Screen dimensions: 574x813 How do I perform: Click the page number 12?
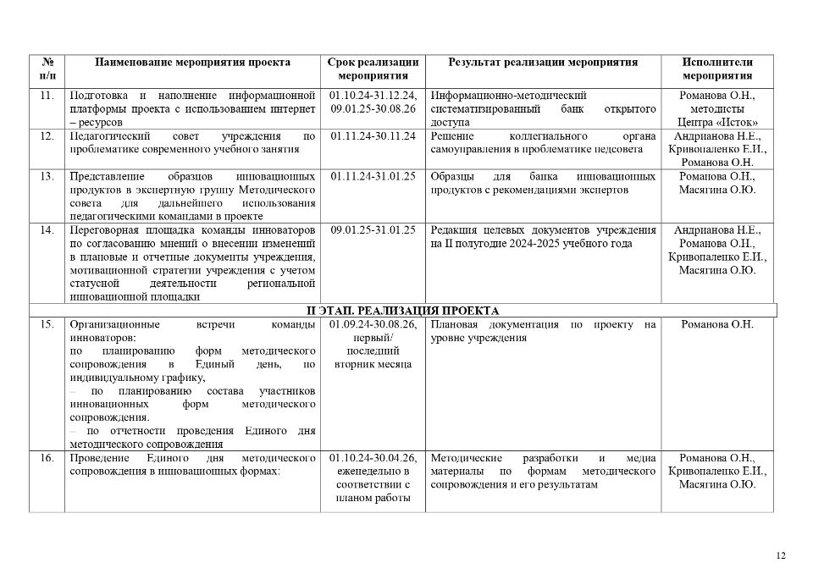[780, 555]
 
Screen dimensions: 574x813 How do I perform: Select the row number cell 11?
[47, 96]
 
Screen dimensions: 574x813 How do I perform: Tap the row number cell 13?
[47, 177]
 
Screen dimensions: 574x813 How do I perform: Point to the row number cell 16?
[47, 458]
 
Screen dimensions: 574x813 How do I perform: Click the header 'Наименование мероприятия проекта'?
[192, 63]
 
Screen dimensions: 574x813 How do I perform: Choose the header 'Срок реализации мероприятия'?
[373, 69]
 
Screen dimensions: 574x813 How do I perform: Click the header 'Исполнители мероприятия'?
[717, 69]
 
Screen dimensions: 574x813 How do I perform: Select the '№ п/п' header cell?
[47, 69]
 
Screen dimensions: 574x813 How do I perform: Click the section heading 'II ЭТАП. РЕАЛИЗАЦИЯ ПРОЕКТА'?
[402, 311]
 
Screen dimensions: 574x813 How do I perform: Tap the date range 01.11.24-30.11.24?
[373, 136]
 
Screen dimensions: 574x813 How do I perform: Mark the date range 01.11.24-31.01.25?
[373, 177]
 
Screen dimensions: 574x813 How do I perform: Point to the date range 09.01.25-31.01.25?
[373, 230]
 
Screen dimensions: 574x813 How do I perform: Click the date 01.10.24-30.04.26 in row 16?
[373, 458]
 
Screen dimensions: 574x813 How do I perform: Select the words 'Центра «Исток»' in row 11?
[717, 123]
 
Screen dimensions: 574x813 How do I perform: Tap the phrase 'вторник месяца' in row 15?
[373, 364]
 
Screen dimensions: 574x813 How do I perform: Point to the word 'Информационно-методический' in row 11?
[508, 96]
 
